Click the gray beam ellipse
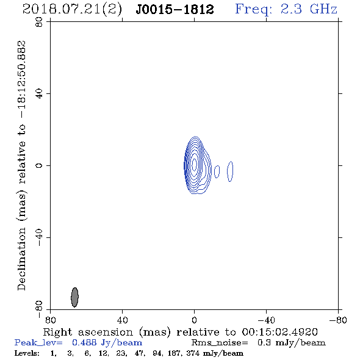click(x=74, y=297)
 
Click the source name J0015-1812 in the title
click(x=175, y=10)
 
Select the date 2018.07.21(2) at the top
click(x=72, y=10)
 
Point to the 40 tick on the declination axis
click(x=39, y=94)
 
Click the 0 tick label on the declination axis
click(x=39, y=165)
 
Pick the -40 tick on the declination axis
click(x=39, y=237)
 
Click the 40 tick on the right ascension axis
click(x=122, y=320)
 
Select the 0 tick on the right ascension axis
click(x=194, y=320)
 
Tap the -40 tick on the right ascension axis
click(x=266, y=320)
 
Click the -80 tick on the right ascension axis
click(x=338, y=320)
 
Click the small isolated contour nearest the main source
click(x=217, y=171)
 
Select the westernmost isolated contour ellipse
click(x=230, y=171)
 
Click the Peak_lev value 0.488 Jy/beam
click(x=107, y=343)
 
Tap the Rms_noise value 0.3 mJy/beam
click(x=291, y=343)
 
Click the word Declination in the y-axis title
click(x=21, y=259)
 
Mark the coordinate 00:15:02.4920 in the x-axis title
click(x=280, y=332)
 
